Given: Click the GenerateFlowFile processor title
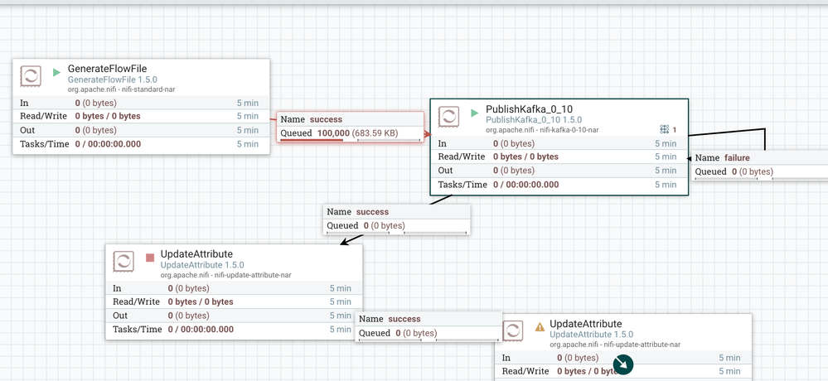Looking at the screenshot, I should [x=107, y=69].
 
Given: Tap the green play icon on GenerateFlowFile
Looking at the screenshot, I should [x=56, y=72].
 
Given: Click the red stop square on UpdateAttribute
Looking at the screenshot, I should [x=150, y=258].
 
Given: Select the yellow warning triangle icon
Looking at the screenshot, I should [x=540, y=326].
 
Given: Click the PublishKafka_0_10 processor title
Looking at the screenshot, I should [x=529, y=109].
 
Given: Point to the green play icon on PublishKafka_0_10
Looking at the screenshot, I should [x=474, y=112].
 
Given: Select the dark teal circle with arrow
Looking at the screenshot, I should [x=622, y=364].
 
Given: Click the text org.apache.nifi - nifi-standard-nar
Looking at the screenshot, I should [x=121, y=89].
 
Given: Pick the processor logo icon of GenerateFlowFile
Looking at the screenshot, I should [x=31, y=77].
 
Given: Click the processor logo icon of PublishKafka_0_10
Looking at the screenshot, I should [x=448, y=117].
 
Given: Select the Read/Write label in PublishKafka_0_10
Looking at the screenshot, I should [x=461, y=157].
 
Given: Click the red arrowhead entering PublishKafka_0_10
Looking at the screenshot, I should [x=428, y=133].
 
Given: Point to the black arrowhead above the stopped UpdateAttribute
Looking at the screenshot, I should [x=346, y=240].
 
